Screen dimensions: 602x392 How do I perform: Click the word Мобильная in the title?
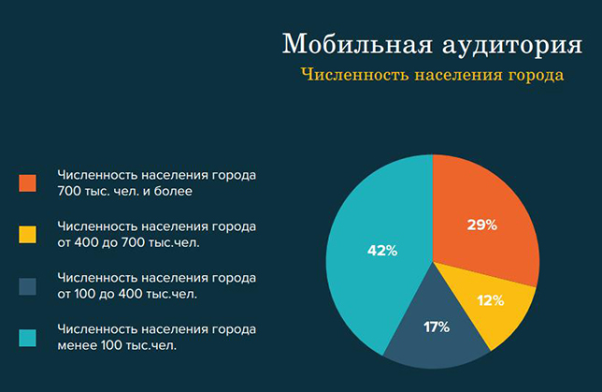click(x=358, y=43)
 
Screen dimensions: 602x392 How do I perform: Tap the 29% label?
click(x=481, y=225)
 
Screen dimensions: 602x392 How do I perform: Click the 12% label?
click(x=491, y=300)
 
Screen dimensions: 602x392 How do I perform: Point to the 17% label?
click(x=437, y=327)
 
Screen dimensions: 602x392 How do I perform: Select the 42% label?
click(x=382, y=251)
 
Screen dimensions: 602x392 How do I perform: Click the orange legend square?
click(x=28, y=183)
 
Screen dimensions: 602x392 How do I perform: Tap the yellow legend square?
click(x=28, y=235)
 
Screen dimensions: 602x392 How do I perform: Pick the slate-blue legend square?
click(x=28, y=286)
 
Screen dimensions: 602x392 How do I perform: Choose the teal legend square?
click(x=28, y=338)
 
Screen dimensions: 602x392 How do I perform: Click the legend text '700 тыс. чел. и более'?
click(x=124, y=191)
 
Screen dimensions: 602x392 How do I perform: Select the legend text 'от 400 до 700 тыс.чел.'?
click(x=129, y=242)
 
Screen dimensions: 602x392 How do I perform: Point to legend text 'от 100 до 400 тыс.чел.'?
click(x=127, y=294)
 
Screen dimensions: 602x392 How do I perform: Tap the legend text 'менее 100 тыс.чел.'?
click(x=117, y=345)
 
